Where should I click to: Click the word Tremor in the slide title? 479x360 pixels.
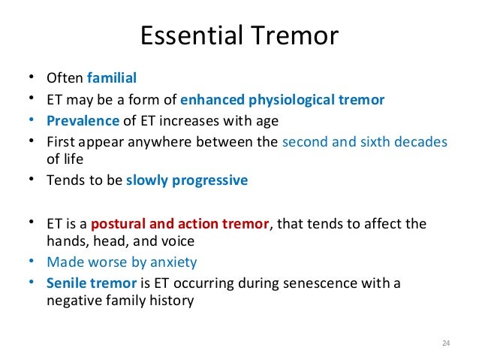[294, 35]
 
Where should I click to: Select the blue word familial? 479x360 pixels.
[112, 77]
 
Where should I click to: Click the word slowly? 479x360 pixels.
[146, 180]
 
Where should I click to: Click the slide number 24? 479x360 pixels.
[446, 343]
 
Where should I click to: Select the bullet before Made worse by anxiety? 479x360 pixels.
[32, 262]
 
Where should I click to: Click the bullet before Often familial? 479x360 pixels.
[32, 77]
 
